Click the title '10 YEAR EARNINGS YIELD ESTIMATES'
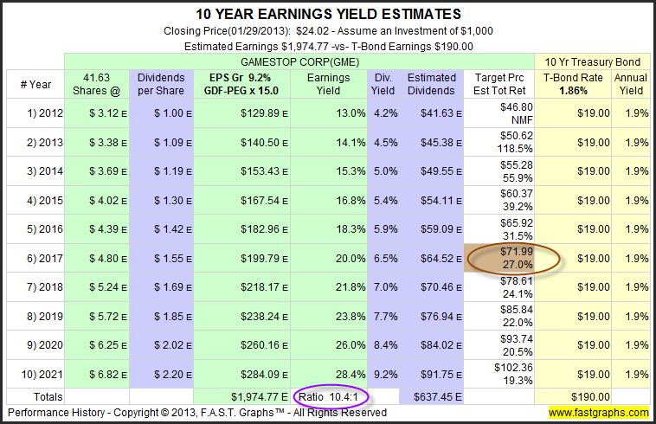[x=328, y=14]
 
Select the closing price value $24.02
[x=312, y=31]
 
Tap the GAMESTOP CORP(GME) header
[x=300, y=62]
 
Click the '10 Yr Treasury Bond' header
[x=593, y=62]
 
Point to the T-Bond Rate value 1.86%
[x=573, y=91]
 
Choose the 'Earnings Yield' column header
[x=328, y=84]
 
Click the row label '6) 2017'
[x=45, y=259]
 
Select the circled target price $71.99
[x=517, y=251]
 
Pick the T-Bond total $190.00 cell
[x=590, y=397]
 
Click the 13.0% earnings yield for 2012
[x=351, y=113]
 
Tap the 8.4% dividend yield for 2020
[x=385, y=345]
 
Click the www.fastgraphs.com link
[x=599, y=413]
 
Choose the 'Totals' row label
[x=48, y=397]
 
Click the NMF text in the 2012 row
[x=522, y=120]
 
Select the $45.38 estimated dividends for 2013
[x=437, y=143]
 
